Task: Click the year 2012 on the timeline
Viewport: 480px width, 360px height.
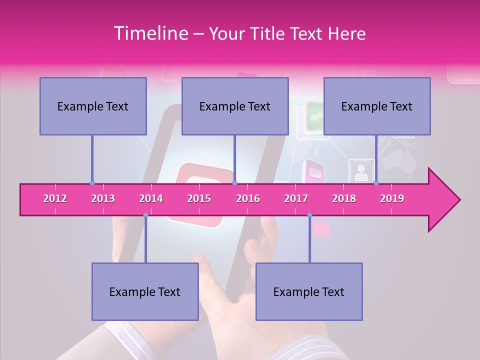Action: coord(55,198)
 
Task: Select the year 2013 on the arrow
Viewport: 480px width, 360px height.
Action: coord(103,198)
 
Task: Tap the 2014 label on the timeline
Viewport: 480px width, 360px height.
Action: coord(151,198)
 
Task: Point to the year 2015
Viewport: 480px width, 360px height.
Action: coord(199,198)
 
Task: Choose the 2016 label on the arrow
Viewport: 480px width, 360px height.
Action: coord(248,198)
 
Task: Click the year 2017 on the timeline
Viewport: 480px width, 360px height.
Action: coord(296,198)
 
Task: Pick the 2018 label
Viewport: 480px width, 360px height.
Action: coord(344,198)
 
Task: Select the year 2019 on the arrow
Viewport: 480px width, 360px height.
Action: coord(392,198)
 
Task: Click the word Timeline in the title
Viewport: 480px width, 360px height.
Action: coord(150,33)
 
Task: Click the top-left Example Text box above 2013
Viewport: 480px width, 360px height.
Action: coord(93,106)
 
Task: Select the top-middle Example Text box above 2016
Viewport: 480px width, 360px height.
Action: coord(235,106)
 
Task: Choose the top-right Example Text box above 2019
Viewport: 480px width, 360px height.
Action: coord(377,106)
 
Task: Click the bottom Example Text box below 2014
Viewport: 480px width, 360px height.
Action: coord(145,291)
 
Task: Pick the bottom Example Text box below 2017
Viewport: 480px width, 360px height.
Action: coord(309,291)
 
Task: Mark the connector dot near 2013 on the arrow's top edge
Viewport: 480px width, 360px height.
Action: coord(92,183)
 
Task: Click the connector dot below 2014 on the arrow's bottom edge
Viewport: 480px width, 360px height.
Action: coord(145,215)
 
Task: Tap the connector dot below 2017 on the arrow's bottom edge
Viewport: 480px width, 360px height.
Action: coord(309,215)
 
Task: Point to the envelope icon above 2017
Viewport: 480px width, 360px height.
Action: coord(314,172)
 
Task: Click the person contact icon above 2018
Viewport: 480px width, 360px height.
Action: coord(361,172)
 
